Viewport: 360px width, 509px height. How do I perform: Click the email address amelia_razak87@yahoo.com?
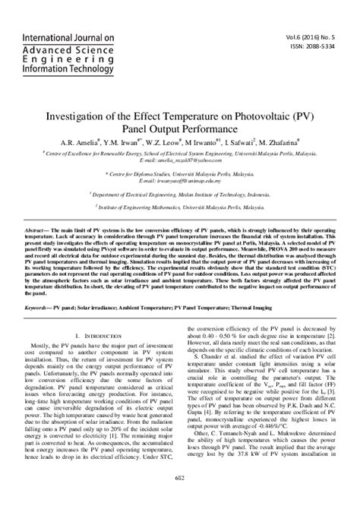[179, 160]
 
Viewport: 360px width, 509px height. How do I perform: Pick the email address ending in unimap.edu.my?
[179, 183]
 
